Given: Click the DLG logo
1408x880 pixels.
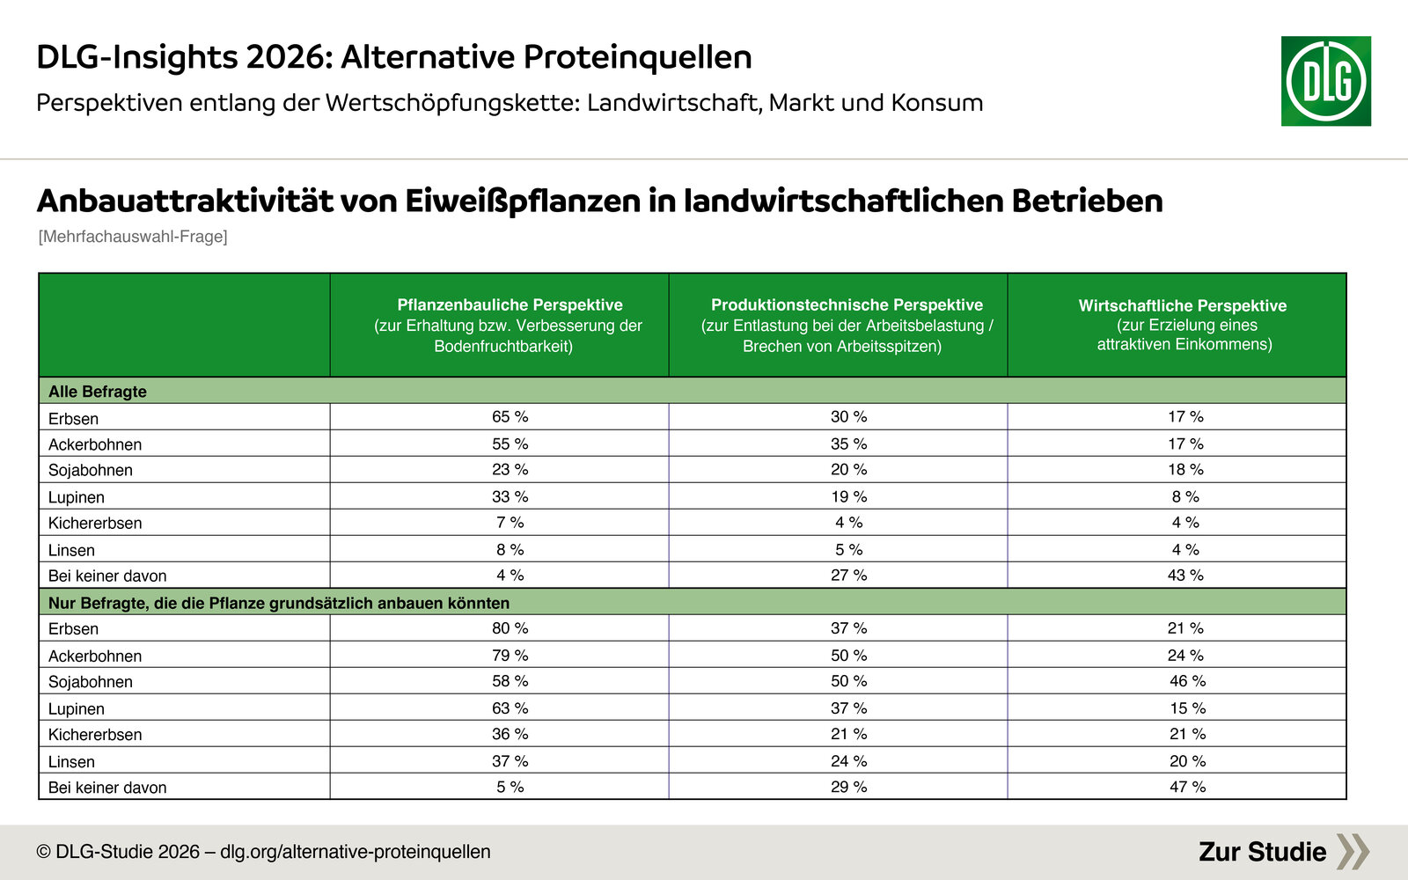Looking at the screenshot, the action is pyautogui.click(x=1325, y=81).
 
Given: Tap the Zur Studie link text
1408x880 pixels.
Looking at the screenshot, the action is pyautogui.click(x=1262, y=852).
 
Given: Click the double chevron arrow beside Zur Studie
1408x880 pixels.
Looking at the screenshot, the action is pyautogui.click(x=1353, y=852).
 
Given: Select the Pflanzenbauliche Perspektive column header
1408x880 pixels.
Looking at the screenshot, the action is pyautogui.click(x=510, y=304).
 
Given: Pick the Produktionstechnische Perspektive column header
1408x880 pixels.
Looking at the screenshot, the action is pyautogui.click(x=847, y=304).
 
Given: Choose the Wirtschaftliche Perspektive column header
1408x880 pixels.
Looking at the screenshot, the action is pyautogui.click(x=1183, y=305).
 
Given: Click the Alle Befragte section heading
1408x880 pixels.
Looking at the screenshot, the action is pyautogui.click(x=98, y=391).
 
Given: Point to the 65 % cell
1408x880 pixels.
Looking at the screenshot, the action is pyautogui.click(x=510, y=417).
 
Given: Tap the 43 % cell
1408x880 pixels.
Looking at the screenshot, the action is pyautogui.click(x=1185, y=576).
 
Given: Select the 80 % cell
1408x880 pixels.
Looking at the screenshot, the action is pyautogui.click(x=510, y=628).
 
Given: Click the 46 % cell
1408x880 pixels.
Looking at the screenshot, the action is pyautogui.click(x=1187, y=681).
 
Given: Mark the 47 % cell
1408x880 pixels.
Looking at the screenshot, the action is pyautogui.click(x=1187, y=787).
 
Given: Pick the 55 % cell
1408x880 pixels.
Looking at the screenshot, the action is pyautogui.click(x=510, y=444).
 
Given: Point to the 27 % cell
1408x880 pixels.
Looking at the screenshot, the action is pyautogui.click(x=848, y=576).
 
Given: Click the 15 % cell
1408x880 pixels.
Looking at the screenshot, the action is pyautogui.click(x=1187, y=708).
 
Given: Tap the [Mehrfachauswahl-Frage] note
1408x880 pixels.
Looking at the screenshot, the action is pyautogui.click(x=133, y=237).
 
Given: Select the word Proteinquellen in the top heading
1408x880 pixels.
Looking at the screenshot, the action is pyautogui.click(x=637, y=57).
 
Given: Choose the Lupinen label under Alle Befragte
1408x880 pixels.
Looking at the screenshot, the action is pyautogui.click(x=76, y=497).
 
